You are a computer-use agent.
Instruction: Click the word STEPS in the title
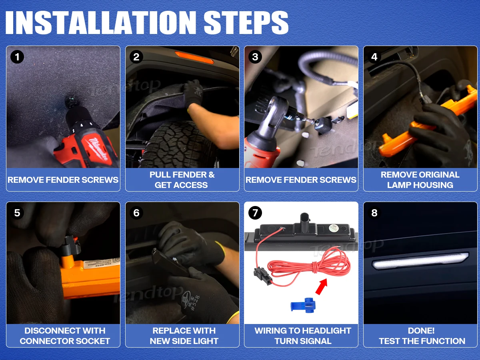click(246, 22)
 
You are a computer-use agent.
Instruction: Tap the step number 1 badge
click(17, 57)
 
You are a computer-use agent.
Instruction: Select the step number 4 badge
click(374, 57)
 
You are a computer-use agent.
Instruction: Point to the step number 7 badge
click(255, 213)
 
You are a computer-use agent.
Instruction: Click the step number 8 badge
click(374, 213)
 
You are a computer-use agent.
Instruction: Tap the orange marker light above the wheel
click(194, 57)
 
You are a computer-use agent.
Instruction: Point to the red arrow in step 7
click(321, 286)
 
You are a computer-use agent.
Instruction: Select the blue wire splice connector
click(303, 305)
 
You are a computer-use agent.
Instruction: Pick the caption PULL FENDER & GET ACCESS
click(182, 180)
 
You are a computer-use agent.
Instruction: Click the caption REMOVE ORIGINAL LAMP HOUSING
click(420, 180)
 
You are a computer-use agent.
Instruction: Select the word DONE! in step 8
click(421, 331)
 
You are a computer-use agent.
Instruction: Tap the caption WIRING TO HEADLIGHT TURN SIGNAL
click(303, 336)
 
